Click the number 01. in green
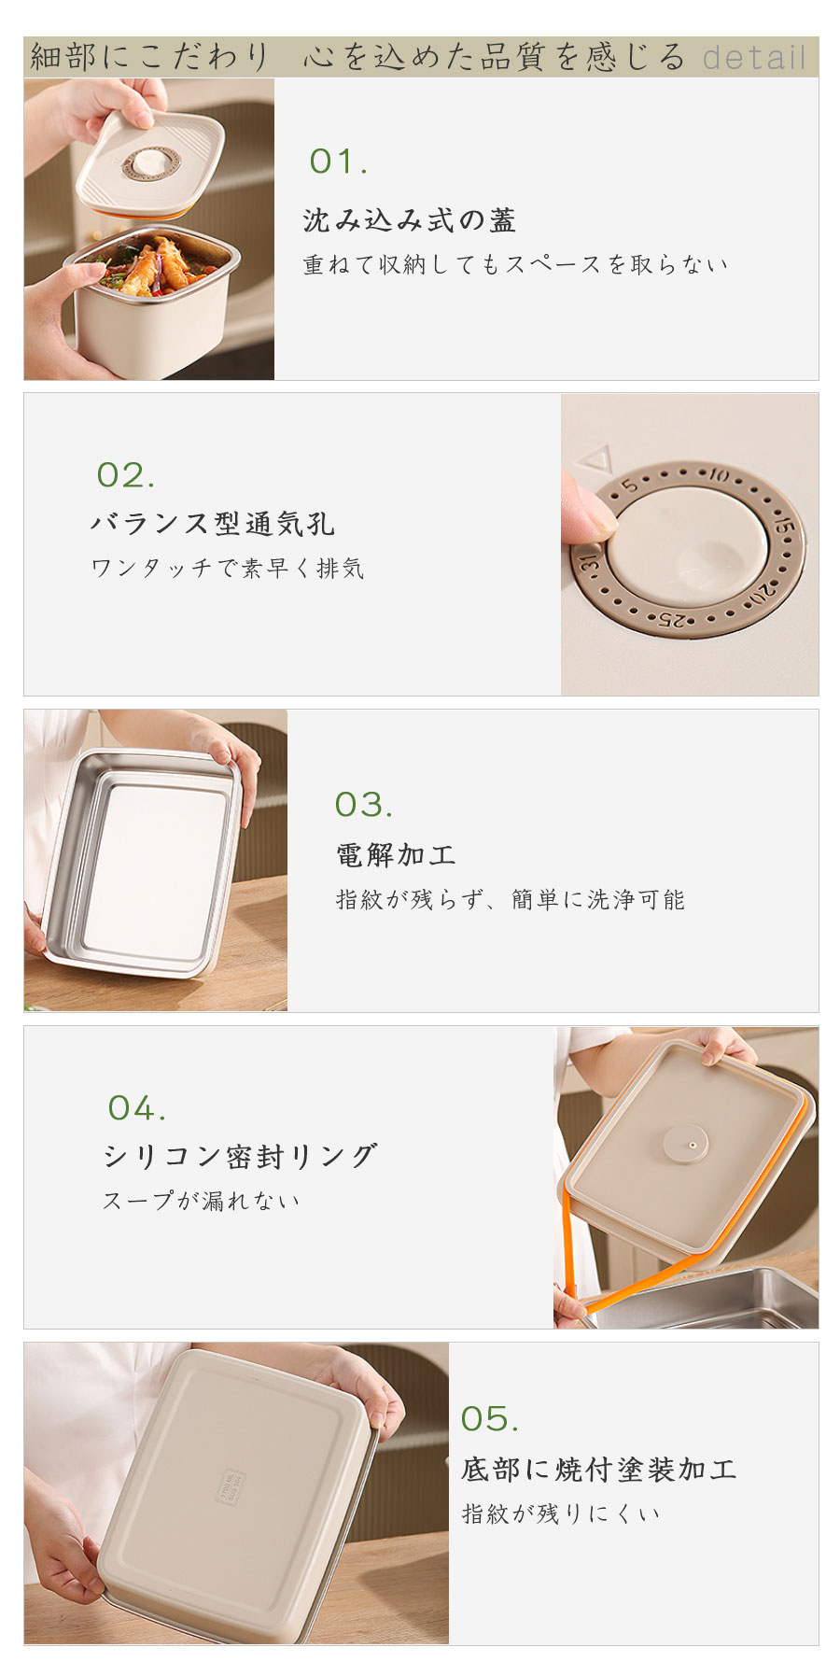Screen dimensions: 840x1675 click(x=338, y=162)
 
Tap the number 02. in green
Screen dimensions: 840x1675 click(x=126, y=475)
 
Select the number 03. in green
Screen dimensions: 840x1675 click(x=364, y=805)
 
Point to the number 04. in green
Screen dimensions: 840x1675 click(x=137, y=1108)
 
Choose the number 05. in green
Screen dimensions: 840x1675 click(x=490, y=1419)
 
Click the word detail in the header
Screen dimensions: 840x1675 click(x=754, y=58)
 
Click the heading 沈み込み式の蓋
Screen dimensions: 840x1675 click(x=410, y=220)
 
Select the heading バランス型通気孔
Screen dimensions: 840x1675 click(x=213, y=524)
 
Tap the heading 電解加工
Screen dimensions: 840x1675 click(x=396, y=854)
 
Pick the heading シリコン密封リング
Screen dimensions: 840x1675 click(x=241, y=1156)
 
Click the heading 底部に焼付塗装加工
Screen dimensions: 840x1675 click(x=599, y=1469)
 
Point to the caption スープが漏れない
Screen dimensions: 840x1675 click(x=202, y=1201)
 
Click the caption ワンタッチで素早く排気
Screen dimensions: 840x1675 click(x=228, y=568)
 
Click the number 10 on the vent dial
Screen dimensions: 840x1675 click(x=718, y=475)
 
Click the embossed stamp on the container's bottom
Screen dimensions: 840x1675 click(x=231, y=1486)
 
